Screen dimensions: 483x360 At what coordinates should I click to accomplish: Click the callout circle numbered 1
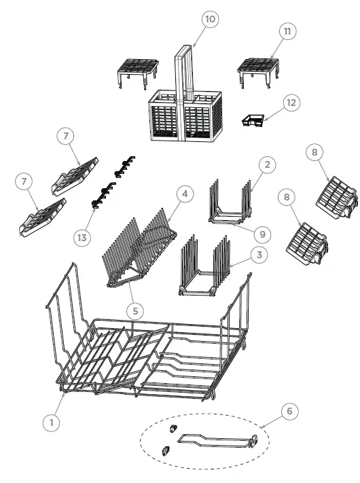point(50,422)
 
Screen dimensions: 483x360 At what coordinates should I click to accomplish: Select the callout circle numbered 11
point(288,32)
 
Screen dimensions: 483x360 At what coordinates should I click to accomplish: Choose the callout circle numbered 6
point(288,411)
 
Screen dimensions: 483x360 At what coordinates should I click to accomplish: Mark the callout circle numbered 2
point(268,164)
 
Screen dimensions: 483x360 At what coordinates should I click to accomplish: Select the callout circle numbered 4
point(183,194)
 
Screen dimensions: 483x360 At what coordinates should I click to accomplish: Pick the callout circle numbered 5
point(136,310)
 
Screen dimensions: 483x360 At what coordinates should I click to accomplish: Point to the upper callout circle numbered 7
point(65,137)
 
